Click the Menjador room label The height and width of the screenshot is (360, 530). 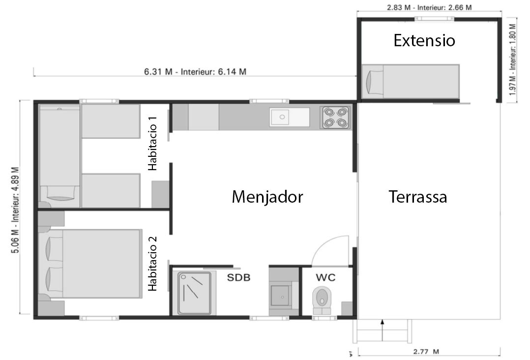click(267, 197)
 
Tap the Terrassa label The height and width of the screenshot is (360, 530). click(418, 197)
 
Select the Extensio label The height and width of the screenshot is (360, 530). click(424, 40)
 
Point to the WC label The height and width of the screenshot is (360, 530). click(325, 277)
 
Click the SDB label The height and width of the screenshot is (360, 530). click(238, 277)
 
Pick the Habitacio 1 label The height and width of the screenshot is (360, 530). click(153, 143)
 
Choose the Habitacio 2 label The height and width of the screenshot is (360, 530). click(153, 264)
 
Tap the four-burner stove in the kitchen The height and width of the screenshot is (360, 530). click(335, 118)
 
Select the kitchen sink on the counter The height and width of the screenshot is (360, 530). click(289, 118)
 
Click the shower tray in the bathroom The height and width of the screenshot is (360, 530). click(194, 293)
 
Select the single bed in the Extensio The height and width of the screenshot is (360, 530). click(411, 82)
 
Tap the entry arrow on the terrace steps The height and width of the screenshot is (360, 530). click(383, 330)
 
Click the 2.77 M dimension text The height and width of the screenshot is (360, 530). click(426, 352)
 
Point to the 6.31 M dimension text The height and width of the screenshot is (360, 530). click(158, 72)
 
